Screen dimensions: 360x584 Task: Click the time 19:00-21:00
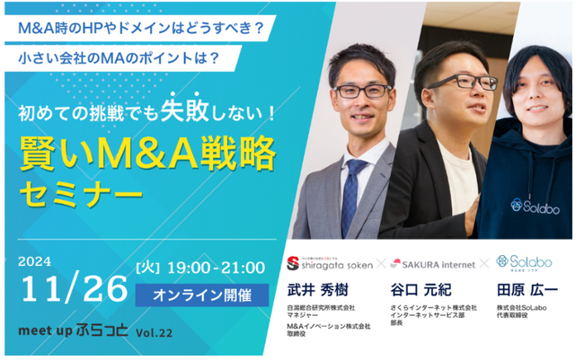[x=218, y=268]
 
